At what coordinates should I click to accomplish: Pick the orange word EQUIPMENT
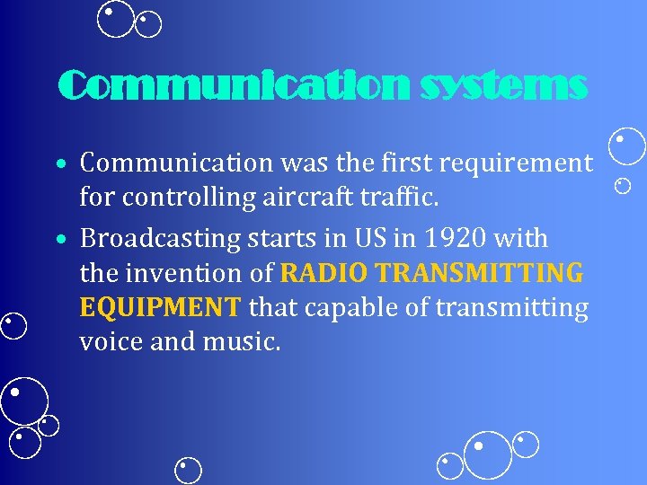[160, 308]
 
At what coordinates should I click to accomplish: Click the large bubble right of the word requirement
[627, 145]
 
